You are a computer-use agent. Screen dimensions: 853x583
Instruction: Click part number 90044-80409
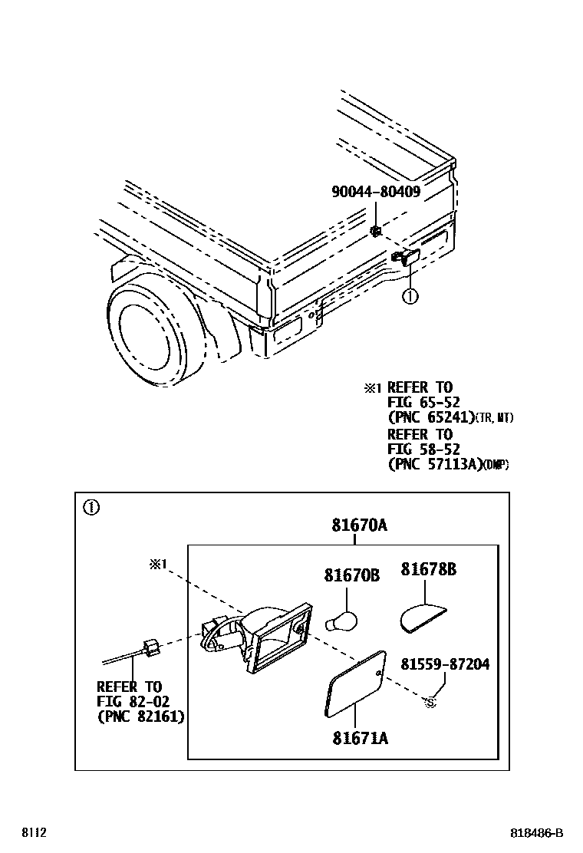tap(375, 192)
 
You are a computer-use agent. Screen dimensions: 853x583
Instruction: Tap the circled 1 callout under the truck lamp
tap(410, 295)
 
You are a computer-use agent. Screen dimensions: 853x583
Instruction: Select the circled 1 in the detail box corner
tap(91, 507)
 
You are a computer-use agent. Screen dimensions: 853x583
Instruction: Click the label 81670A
tap(359, 525)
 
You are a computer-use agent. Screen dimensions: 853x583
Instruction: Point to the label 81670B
tap(351, 574)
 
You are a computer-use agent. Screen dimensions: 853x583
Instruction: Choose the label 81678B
tap(428, 569)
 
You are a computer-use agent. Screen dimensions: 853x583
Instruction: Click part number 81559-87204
tap(444, 664)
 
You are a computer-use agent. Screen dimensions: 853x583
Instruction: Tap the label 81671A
tap(360, 738)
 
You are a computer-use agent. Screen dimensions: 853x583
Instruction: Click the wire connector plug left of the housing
tap(150, 648)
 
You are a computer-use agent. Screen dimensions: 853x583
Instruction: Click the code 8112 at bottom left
tap(34, 833)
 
